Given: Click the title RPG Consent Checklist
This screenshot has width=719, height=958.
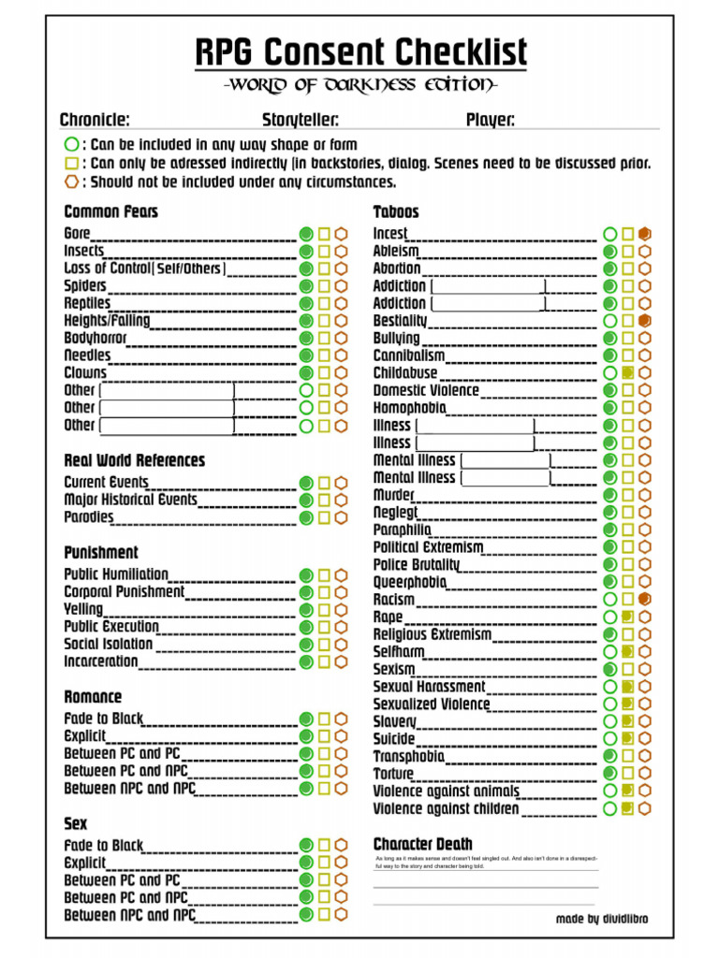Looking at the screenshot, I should tap(360, 51).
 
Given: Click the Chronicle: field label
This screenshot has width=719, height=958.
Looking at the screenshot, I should tap(95, 120).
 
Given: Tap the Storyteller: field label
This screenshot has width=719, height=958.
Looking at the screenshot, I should tap(301, 120).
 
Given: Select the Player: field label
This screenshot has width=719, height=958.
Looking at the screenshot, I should tap(491, 120).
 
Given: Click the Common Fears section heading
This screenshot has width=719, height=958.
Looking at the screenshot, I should tap(111, 211).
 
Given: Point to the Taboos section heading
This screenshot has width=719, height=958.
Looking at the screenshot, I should tap(396, 211).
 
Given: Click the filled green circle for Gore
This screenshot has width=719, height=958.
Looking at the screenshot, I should tap(306, 233).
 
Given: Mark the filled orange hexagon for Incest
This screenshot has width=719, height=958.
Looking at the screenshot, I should tap(644, 233).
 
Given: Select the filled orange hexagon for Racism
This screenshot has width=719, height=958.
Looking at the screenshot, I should tap(644, 599).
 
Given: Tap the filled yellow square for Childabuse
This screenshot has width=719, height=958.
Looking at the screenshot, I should tap(627, 372).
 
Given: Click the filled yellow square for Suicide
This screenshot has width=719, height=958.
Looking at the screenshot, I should tap(627, 738).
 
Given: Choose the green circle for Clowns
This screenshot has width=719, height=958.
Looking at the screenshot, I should tap(306, 372).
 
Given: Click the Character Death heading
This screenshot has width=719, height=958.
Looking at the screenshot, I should tap(423, 844).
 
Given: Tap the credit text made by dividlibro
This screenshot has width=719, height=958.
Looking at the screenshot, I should tap(601, 919).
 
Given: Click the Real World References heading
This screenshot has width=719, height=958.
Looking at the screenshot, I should tap(134, 460).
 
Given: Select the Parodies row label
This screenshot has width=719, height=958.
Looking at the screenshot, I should tap(89, 517).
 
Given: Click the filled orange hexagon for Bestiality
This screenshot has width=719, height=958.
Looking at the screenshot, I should tap(644, 321).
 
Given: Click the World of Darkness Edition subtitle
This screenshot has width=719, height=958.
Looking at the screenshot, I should tap(360, 86).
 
